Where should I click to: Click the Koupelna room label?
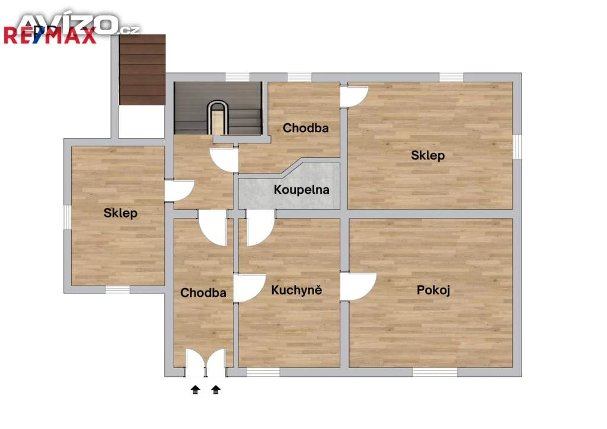click(x=302, y=190)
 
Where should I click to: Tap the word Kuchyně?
click(x=296, y=290)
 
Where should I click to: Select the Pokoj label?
click(x=433, y=290)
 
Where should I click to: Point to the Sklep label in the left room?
click(x=120, y=213)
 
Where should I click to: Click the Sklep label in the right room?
click(x=428, y=155)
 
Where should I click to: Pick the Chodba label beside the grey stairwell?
click(x=306, y=128)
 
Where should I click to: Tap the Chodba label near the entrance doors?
click(x=203, y=293)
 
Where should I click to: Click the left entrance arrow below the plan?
click(x=196, y=389)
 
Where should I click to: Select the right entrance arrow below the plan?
click(x=216, y=389)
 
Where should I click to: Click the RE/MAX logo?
click(x=50, y=36)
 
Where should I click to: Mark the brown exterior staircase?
click(x=142, y=70)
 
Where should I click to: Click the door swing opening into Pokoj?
click(x=359, y=286)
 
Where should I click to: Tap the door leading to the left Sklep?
click(x=179, y=191)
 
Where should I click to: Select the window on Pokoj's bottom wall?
click(x=435, y=373)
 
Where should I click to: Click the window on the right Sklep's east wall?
click(x=517, y=146)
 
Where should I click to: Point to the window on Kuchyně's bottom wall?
click(x=263, y=373)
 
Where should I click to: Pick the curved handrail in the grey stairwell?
click(x=217, y=116)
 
